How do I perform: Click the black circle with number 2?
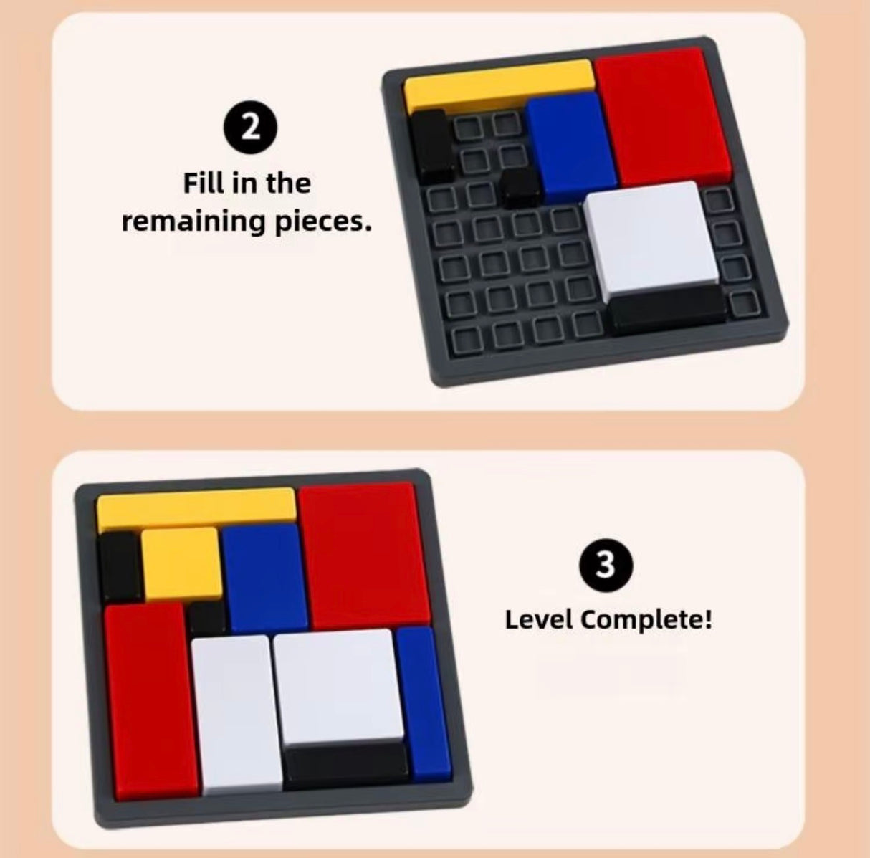point(247,128)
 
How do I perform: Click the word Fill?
point(204,183)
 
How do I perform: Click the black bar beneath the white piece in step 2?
point(667,308)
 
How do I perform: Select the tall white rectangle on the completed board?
point(235,712)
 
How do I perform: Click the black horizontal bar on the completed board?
point(346,764)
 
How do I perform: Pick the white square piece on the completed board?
point(335,687)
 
